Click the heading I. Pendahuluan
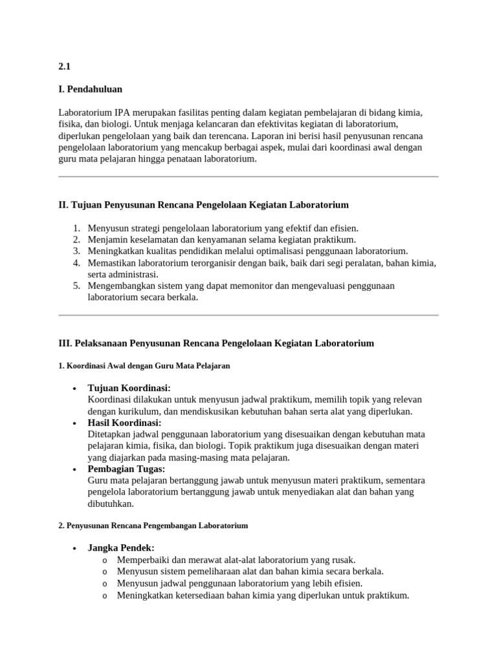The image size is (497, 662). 90,89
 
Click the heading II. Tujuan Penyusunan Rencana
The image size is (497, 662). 203,205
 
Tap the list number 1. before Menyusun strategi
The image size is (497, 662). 76,228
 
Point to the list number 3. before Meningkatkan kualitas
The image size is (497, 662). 76,251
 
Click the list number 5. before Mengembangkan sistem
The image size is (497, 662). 76,286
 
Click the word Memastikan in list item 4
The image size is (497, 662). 112,262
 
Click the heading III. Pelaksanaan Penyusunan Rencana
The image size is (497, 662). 216,343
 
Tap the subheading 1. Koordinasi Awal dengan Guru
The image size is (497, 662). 144,366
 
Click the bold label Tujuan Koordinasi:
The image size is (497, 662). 129,388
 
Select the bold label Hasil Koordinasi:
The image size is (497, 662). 124,423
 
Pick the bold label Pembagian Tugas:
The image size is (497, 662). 126,469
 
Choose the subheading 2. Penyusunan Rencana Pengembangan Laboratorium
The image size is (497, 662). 153,526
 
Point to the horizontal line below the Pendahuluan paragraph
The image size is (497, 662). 248,176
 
